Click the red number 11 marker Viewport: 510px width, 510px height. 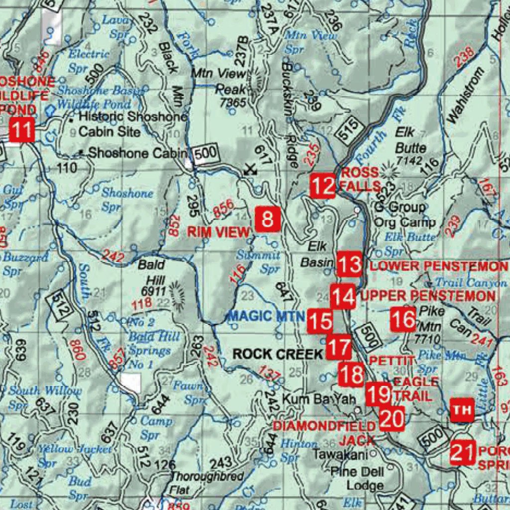21,130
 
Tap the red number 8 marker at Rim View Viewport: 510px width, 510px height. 267,220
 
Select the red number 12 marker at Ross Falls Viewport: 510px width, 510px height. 322,186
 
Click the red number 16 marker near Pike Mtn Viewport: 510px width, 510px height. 403,319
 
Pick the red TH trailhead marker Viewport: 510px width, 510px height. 462,410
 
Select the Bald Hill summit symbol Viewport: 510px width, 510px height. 175,292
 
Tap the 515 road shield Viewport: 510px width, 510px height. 347,132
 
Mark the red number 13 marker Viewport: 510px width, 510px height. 349,264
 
